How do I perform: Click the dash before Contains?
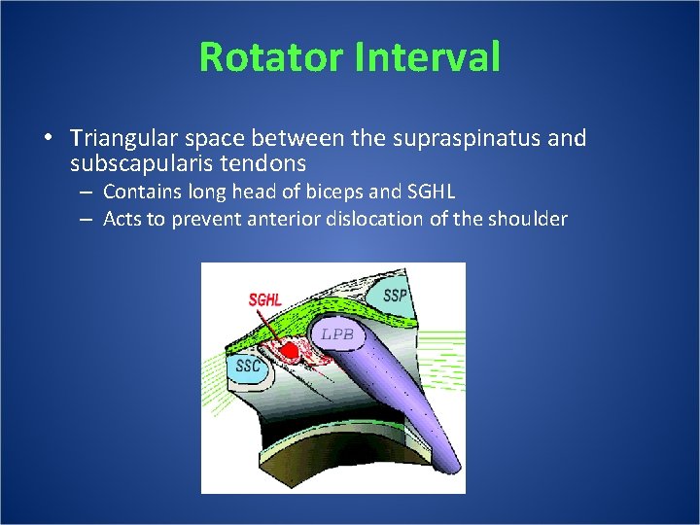86,192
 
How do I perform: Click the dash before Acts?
86,220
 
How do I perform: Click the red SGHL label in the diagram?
264,298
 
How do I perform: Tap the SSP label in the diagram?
395,295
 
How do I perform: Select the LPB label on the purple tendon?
337,334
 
